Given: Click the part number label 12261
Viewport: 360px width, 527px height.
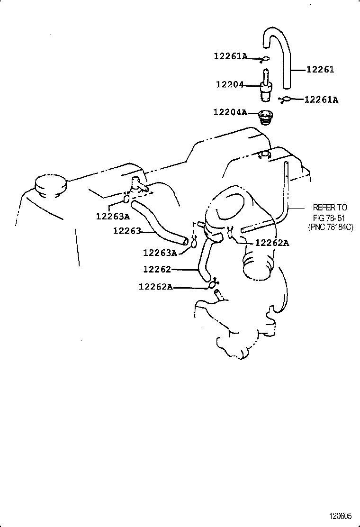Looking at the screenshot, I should coord(320,70).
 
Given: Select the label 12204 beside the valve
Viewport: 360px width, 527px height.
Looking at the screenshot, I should coord(229,84).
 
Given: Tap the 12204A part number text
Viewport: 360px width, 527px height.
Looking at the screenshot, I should coord(230,112).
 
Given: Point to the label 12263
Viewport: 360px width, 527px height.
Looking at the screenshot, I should coord(127,231).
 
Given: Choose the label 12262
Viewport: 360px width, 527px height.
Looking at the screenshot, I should coord(157,269).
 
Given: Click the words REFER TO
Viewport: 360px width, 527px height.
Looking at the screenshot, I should coord(330,208).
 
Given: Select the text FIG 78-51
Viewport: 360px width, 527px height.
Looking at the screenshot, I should coord(330,218).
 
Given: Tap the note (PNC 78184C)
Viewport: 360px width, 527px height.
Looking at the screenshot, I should coord(330,227).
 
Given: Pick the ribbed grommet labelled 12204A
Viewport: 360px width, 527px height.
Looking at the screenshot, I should coord(267,116).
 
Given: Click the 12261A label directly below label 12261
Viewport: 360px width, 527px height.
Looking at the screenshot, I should coord(321,100).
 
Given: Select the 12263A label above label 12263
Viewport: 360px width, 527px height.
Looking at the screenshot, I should coord(113,217).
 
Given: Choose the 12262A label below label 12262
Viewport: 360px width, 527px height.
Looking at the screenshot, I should coord(156,287).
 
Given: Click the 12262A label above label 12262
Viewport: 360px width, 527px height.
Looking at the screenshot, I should coord(272,243).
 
